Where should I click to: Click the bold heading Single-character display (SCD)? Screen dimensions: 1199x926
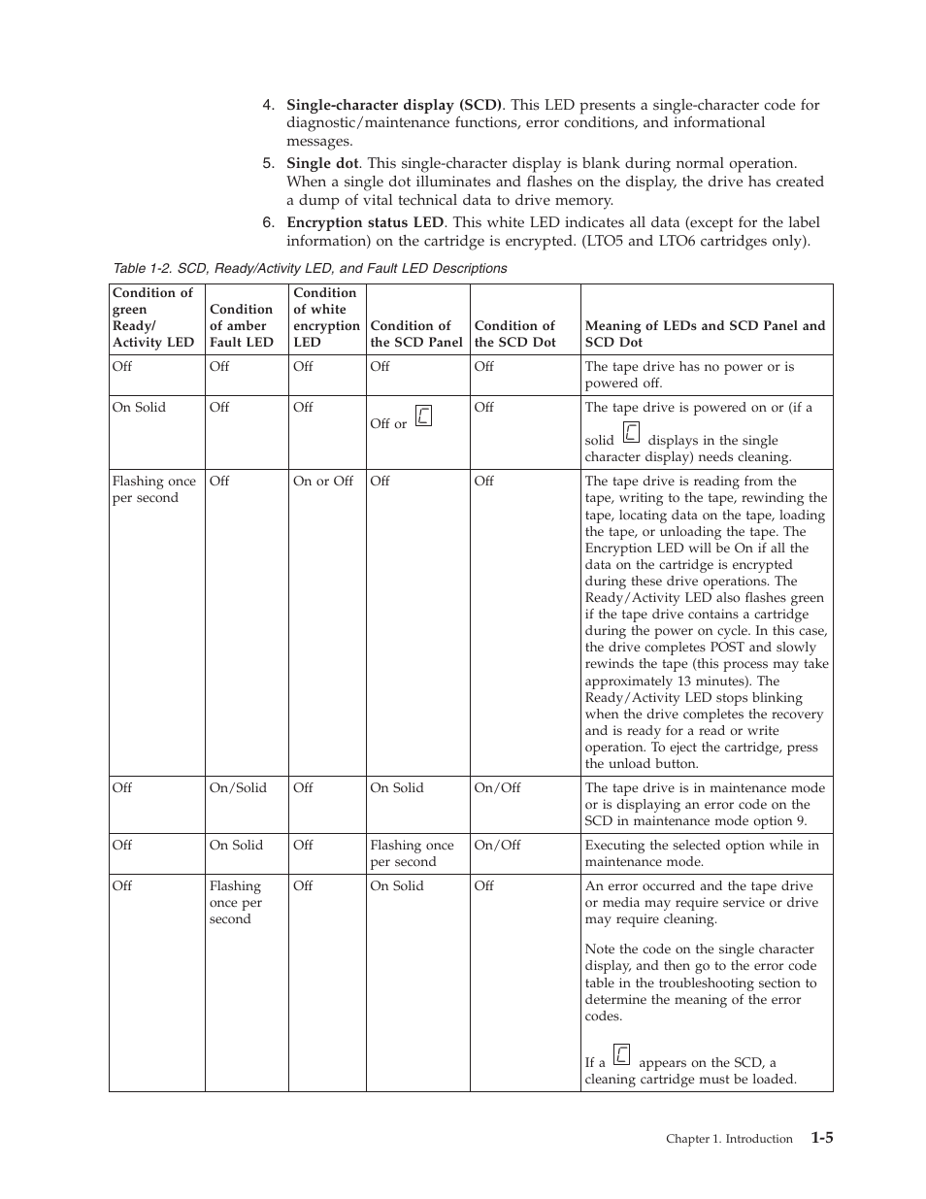point(393,105)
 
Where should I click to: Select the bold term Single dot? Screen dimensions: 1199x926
point(321,163)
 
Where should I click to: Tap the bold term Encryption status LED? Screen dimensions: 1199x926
point(364,222)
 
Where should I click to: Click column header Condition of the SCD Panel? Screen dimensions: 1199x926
point(415,333)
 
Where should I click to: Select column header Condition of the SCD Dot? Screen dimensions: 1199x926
point(514,333)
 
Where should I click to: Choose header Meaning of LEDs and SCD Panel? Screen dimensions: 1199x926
point(705,333)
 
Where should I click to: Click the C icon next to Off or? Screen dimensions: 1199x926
point(423,416)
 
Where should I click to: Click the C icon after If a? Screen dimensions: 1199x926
point(622,1055)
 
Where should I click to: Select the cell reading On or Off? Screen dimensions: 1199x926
point(322,482)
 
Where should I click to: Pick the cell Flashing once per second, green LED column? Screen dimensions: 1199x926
point(153,489)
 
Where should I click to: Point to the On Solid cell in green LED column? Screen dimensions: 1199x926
point(139,408)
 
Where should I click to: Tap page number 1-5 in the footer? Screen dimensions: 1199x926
point(821,1138)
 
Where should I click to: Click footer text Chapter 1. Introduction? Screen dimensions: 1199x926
point(728,1139)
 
